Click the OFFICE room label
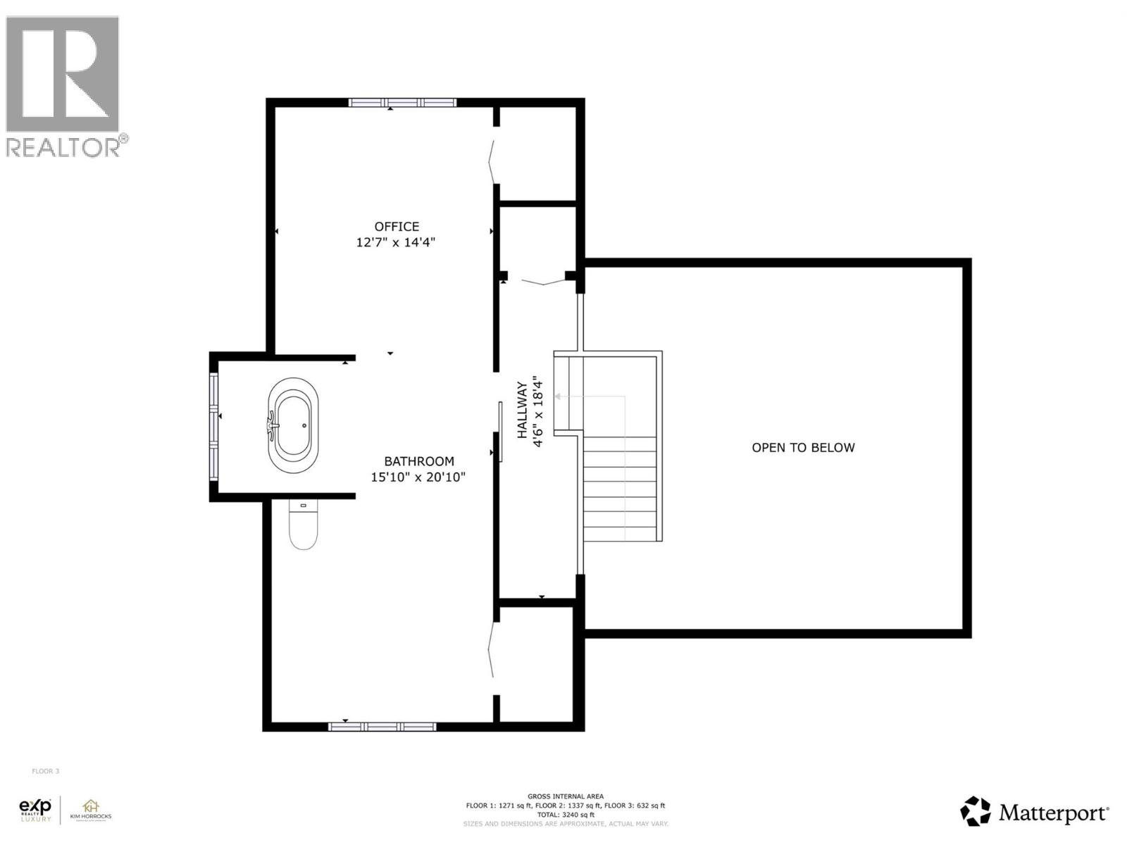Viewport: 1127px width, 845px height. (397, 227)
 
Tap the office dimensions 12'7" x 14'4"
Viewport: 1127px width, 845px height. (396, 242)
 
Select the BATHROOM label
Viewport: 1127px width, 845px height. (419, 461)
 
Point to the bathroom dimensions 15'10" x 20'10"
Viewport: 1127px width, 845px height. (418, 477)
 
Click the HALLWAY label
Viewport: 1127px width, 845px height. (522, 411)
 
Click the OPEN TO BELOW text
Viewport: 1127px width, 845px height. (803, 447)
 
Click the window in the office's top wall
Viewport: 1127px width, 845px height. (402, 103)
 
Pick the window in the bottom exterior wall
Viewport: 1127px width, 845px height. (382, 727)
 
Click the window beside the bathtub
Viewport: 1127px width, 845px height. (213, 425)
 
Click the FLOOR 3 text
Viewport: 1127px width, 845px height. (46, 771)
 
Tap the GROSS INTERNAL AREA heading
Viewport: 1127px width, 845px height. (565, 796)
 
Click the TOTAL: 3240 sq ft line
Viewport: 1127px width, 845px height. (565, 814)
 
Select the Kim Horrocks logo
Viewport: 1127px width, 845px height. (90, 810)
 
